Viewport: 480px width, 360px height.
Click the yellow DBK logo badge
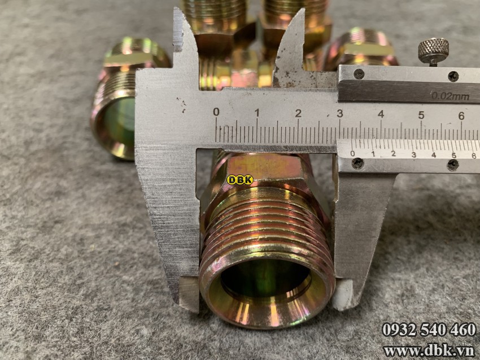coord(240,180)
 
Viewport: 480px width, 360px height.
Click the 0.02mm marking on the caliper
coord(450,96)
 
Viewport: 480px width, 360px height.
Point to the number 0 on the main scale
coord(216,112)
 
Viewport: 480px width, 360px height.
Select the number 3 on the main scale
coord(340,114)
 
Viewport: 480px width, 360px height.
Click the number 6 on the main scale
coord(461,116)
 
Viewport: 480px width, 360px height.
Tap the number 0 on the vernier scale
coord(352,153)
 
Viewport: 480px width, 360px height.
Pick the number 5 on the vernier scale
coord(454,156)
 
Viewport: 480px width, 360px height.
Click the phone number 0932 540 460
coord(429,330)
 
